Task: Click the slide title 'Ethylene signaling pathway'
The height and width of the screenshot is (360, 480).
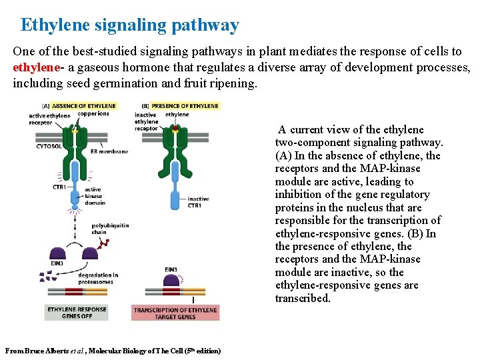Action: (129, 25)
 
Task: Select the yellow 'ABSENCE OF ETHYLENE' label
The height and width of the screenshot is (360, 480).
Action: (83, 105)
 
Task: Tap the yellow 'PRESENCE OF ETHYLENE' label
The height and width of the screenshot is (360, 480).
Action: (185, 105)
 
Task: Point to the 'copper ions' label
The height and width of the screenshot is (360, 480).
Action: (93, 113)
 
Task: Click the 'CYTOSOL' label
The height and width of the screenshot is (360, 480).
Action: (49, 145)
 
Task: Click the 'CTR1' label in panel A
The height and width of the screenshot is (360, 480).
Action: (59, 187)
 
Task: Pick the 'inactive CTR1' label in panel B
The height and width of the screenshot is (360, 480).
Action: (198, 202)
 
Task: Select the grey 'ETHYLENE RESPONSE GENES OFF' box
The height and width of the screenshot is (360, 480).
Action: (77, 313)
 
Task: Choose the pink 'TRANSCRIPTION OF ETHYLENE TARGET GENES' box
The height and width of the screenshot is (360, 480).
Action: (175, 313)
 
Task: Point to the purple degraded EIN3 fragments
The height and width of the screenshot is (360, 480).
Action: (49, 275)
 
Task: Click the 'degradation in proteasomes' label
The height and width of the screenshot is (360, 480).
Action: (97, 279)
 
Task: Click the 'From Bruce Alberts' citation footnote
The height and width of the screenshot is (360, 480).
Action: (113, 351)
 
